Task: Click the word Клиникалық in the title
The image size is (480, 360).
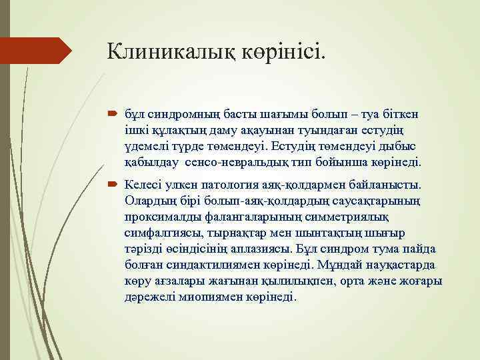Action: click(168, 51)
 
